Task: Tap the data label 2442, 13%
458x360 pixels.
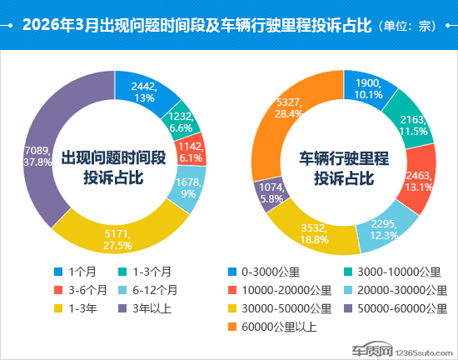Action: pyautogui.click(x=144, y=92)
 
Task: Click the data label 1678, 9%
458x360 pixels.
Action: pyautogui.click(x=188, y=187)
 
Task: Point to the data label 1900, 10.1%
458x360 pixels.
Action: pyautogui.click(x=368, y=89)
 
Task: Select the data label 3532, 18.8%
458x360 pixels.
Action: pyautogui.click(x=314, y=234)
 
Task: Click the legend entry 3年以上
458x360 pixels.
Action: pyautogui.click(x=145, y=308)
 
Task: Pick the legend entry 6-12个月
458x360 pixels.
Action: pyautogui.click(x=147, y=290)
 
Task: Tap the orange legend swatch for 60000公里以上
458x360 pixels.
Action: pyautogui.click(x=232, y=327)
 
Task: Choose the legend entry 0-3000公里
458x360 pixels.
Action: pyautogui.click(x=264, y=272)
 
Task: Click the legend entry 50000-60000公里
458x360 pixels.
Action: pyautogui.click(x=396, y=308)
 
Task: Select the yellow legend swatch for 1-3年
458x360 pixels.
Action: pyautogui.click(x=58, y=308)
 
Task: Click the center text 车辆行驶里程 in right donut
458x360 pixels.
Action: pyautogui.click(x=344, y=158)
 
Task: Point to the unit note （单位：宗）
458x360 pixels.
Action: pyautogui.click(x=407, y=26)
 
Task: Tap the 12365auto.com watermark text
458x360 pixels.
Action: pyautogui.click(x=424, y=353)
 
